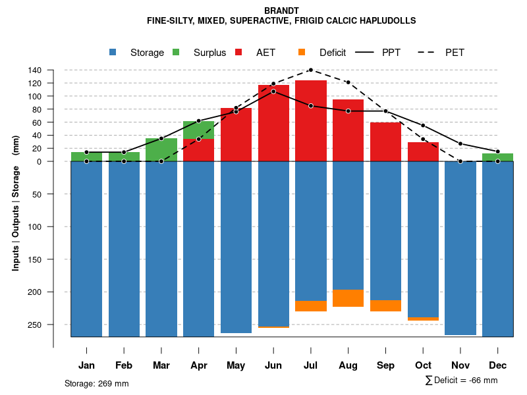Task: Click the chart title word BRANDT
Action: (281, 11)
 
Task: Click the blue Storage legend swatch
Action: (113, 52)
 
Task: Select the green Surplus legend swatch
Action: (177, 52)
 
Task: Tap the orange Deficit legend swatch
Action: (302, 52)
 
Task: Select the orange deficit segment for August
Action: (348, 298)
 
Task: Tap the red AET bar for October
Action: (423, 151)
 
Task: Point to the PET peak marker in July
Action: (311, 70)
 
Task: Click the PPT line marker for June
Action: (273, 91)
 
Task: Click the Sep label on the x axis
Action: (385, 365)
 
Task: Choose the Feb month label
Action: (124, 365)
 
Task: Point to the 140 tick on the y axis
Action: (35, 70)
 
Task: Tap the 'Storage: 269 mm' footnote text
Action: (96, 383)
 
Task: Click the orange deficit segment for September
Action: (385, 305)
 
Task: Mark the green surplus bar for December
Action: (497, 157)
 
